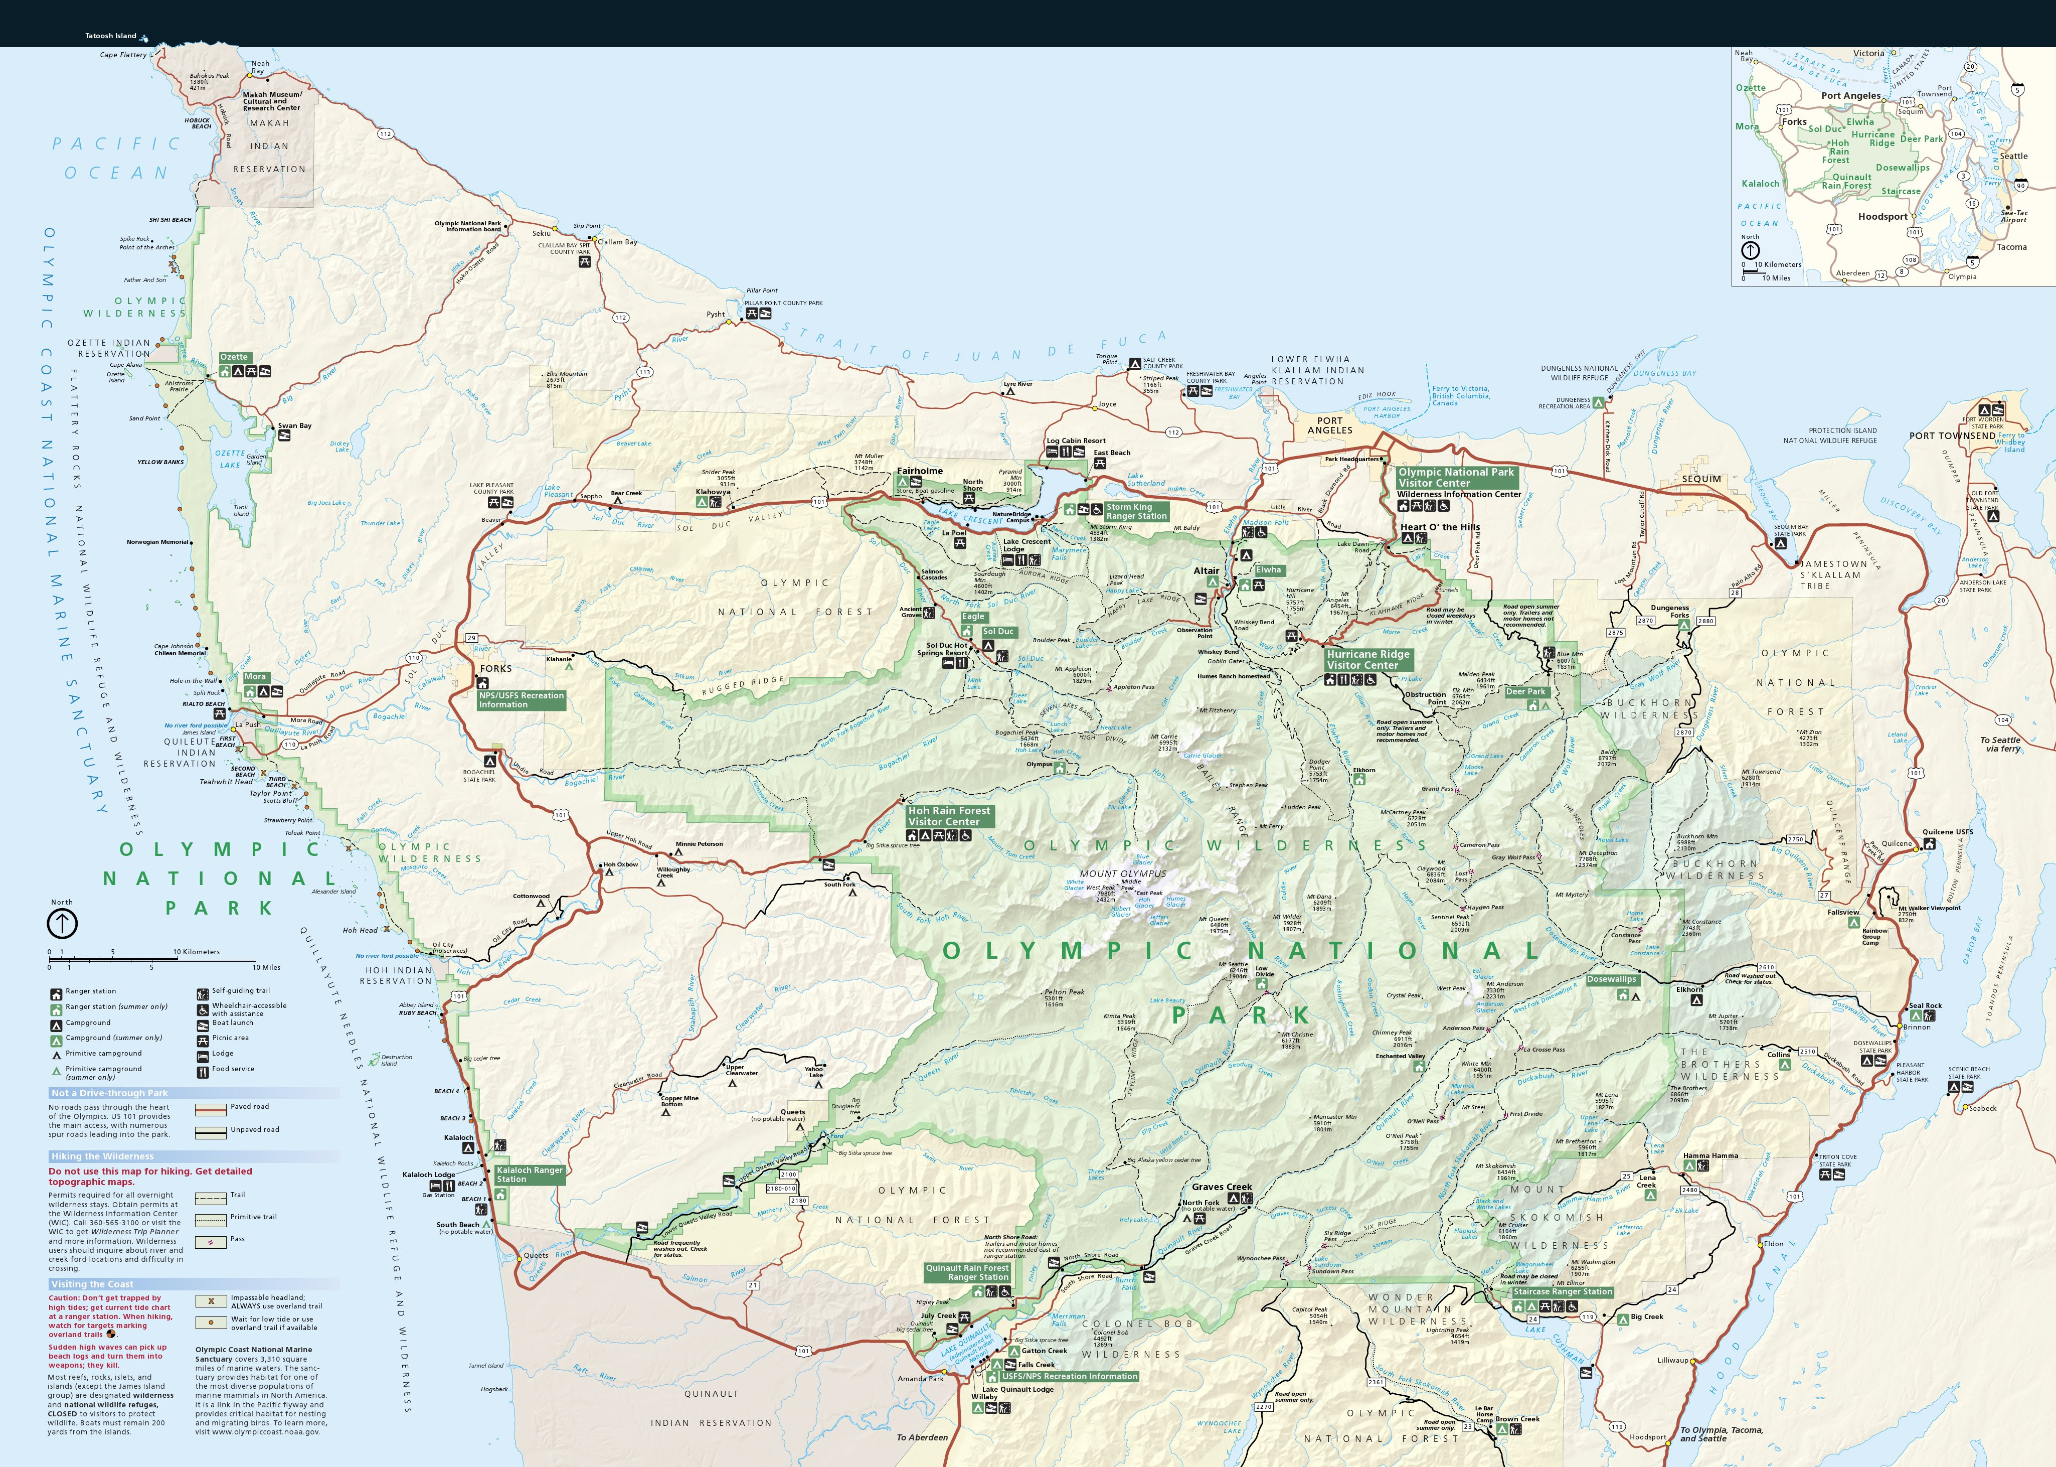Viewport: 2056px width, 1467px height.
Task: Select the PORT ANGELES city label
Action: click(1329, 425)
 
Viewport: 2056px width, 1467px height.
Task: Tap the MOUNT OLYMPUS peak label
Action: click(1122, 873)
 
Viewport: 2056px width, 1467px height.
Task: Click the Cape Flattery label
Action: click(123, 55)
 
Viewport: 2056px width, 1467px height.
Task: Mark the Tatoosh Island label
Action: click(110, 36)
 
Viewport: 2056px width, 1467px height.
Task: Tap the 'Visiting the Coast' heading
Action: click(92, 1283)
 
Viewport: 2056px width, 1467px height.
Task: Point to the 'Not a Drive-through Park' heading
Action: click(109, 1093)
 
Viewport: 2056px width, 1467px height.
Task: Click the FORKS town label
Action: click(496, 668)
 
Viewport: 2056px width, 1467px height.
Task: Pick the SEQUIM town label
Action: click(1701, 479)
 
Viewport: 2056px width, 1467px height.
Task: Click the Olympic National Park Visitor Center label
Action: click(1456, 477)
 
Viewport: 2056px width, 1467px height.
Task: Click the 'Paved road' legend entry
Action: click(249, 1107)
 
